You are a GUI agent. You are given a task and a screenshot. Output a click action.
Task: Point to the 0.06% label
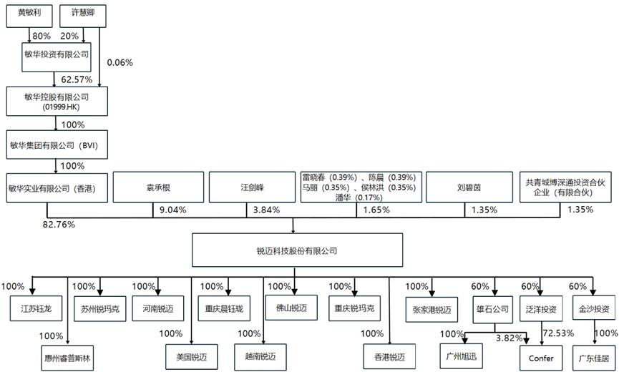tap(120, 63)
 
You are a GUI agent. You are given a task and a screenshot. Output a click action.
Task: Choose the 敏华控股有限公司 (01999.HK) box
tap(57, 101)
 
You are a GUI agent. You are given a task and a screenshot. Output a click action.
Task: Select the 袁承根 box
tap(153, 188)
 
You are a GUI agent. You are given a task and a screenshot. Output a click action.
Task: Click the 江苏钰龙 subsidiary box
tap(31, 310)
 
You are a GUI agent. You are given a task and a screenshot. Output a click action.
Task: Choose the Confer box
tap(537, 356)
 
